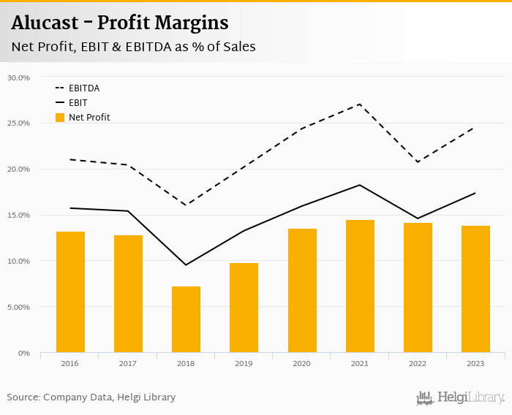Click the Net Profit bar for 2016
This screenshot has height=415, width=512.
(70, 292)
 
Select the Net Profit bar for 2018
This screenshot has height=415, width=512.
(186, 319)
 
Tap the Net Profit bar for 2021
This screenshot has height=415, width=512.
(360, 286)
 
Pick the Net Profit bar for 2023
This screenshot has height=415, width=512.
(475, 289)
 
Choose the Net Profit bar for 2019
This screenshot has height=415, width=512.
(244, 308)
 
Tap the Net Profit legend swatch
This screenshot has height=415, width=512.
(60, 118)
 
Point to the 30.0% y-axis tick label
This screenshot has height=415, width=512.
(18, 77)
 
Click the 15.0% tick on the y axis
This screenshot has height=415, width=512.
(18, 216)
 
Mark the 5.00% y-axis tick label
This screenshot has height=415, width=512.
(18, 308)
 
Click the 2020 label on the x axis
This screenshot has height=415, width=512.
(301, 363)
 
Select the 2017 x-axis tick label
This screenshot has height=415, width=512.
(128, 363)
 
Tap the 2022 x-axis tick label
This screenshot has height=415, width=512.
(418, 363)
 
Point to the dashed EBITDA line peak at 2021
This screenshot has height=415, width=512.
(360, 104)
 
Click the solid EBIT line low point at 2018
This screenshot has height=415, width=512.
(186, 264)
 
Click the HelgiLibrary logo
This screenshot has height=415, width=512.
(461, 397)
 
